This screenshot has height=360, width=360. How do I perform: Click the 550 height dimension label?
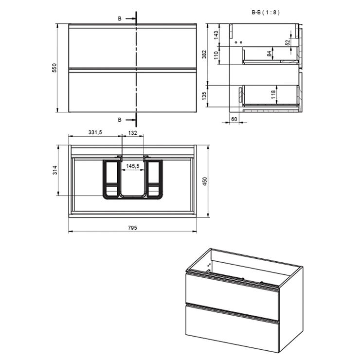(54, 68)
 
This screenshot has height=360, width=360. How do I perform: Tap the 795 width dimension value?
(132, 228)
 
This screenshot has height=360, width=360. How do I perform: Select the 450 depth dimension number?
(205, 181)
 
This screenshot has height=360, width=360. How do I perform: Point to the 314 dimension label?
(55, 170)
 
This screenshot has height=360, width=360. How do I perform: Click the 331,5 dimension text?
(95, 132)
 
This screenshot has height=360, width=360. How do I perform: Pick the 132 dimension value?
(133, 133)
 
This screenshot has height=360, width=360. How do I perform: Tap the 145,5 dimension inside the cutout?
(133, 166)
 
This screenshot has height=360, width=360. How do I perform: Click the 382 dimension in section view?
(204, 54)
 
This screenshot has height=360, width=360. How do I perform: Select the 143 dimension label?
(216, 36)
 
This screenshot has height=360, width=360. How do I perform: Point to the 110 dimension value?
(216, 55)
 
